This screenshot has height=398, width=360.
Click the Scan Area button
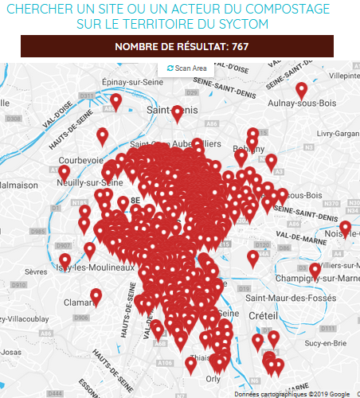pyautogui.click(x=187, y=69)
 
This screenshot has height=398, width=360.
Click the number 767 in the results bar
pyautogui.click(x=240, y=47)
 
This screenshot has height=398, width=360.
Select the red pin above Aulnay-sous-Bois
pyautogui.click(x=301, y=90)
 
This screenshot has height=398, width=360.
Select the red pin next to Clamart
pyautogui.click(x=96, y=296)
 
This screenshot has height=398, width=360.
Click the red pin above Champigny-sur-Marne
pyautogui.click(x=315, y=270)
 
